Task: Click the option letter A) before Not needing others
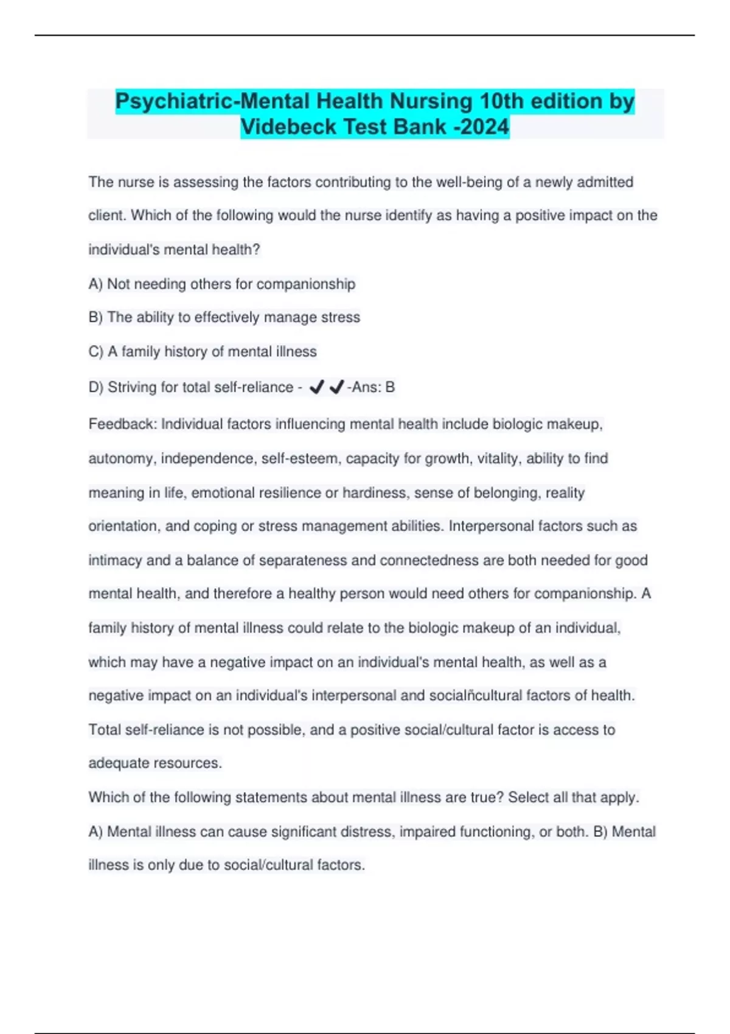[x=96, y=284]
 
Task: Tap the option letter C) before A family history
[x=96, y=352]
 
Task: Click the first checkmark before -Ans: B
[x=316, y=387]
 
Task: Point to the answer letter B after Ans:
[x=390, y=387]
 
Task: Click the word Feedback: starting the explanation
[x=122, y=424]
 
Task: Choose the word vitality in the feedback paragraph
[x=498, y=458]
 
